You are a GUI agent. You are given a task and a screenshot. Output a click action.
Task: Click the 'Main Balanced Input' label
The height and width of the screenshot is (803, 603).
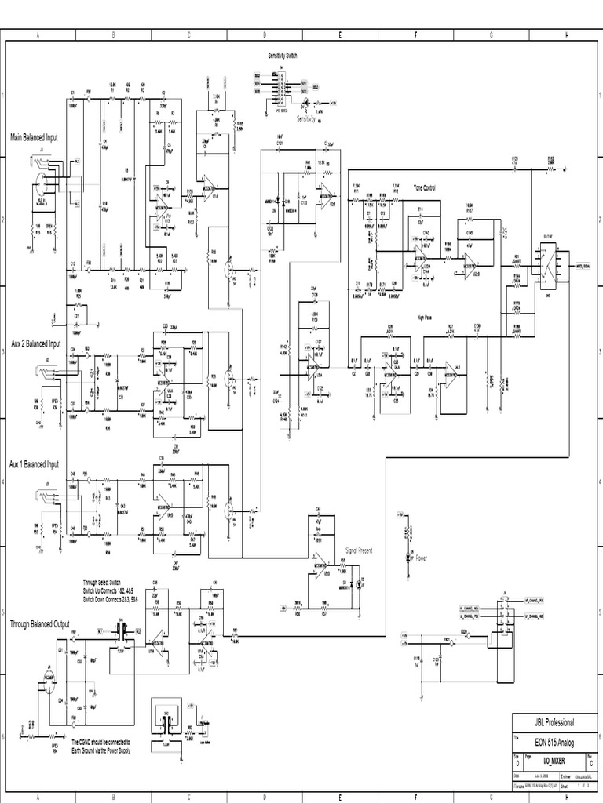[34, 137]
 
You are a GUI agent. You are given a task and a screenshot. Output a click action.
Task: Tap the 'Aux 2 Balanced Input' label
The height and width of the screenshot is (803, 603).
[35, 343]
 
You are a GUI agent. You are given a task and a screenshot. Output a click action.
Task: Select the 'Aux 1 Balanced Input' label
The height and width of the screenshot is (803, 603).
[34, 464]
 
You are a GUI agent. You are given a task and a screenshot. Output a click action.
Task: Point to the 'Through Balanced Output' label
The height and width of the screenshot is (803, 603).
[39, 624]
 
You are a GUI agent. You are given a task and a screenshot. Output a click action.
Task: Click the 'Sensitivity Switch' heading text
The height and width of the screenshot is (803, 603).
[283, 56]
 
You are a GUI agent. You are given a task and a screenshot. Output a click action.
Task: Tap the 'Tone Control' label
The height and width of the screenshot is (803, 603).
[424, 188]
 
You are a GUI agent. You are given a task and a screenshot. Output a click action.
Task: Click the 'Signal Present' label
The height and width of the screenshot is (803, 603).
[359, 551]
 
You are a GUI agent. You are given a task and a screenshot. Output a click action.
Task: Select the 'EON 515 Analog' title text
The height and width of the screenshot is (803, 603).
[554, 743]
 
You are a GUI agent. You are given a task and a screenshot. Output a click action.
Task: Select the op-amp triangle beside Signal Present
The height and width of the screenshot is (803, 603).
[321, 567]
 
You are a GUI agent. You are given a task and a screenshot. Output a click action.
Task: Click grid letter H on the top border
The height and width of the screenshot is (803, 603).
[565, 35]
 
